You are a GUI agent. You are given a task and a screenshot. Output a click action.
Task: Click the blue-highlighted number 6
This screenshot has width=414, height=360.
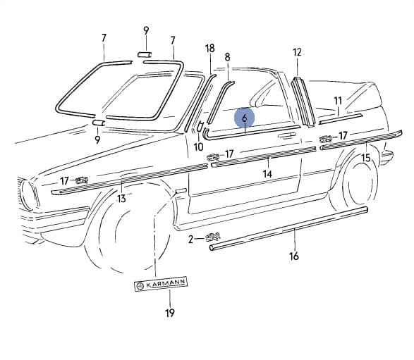click(245, 118)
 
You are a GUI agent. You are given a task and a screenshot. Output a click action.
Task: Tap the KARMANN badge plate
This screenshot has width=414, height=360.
click(161, 284)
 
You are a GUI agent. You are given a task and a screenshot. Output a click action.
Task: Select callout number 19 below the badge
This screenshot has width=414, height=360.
click(170, 313)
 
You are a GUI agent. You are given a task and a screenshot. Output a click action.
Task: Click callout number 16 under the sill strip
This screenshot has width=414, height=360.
click(294, 256)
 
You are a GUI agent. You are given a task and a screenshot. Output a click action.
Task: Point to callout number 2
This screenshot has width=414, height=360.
click(191, 240)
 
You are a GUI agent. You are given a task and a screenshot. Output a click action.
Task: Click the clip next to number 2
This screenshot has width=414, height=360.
click(213, 237)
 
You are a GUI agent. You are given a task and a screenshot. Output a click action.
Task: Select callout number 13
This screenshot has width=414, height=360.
click(121, 199)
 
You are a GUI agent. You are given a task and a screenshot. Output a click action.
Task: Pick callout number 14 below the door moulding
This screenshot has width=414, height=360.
click(267, 174)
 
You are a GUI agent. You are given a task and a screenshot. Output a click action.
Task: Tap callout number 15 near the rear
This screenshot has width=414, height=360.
click(366, 158)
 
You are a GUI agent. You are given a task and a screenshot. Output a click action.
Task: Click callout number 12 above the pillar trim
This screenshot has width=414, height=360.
click(297, 52)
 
